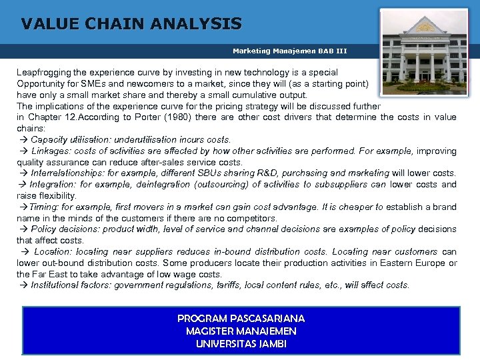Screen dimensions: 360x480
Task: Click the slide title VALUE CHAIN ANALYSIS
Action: (x=131, y=25)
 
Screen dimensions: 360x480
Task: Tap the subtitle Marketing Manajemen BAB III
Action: (x=289, y=51)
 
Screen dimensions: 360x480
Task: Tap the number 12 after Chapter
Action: (x=68, y=117)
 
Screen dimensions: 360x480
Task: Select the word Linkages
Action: (x=50, y=151)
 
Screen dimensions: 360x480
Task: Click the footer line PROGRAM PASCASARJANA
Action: (x=241, y=319)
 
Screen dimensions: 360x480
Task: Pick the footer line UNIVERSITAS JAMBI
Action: (x=241, y=344)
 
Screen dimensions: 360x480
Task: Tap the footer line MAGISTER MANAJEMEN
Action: (x=241, y=331)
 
